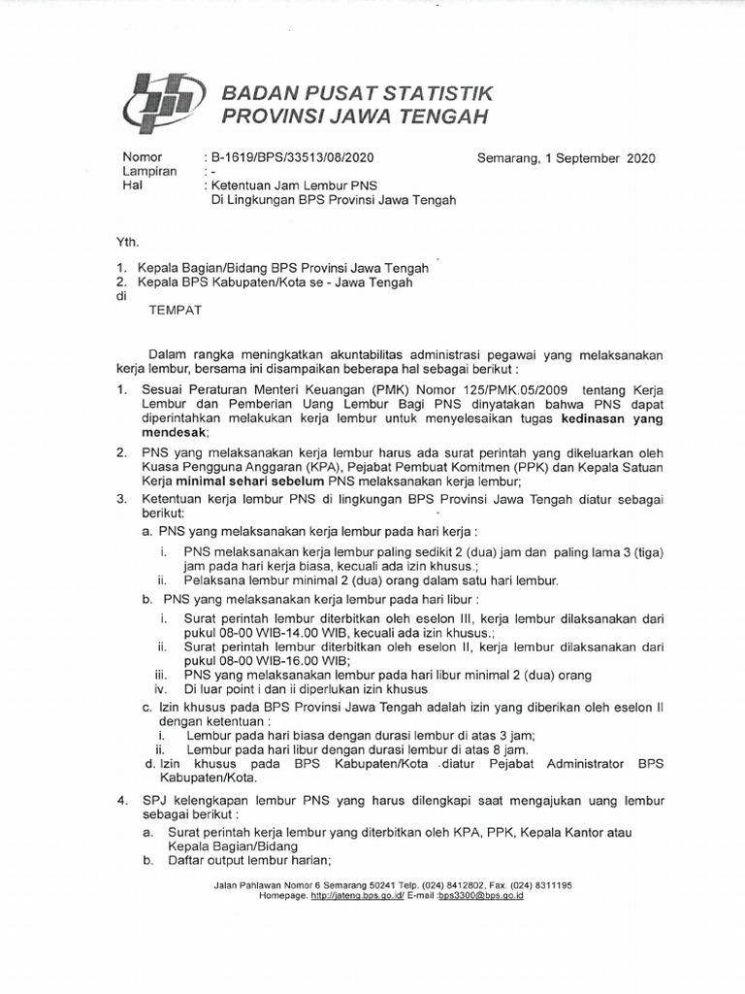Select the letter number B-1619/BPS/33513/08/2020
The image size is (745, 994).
(x=292, y=156)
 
